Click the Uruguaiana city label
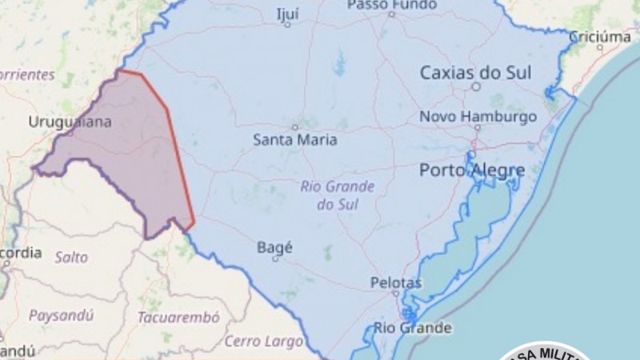pyautogui.click(x=70, y=122)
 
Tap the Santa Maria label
pyautogui.click(x=295, y=140)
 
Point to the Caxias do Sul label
pyautogui.click(x=475, y=74)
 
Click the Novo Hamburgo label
pyautogui.click(x=478, y=117)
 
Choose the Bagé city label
pyautogui.click(x=274, y=247)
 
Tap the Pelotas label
pyautogui.click(x=396, y=282)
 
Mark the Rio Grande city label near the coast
pyautogui.click(x=413, y=328)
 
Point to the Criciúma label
pyautogui.click(x=599, y=37)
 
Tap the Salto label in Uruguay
pyautogui.click(x=71, y=257)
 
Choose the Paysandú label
pyautogui.click(x=61, y=315)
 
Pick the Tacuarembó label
pyautogui.click(x=178, y=318)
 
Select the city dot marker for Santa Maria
pyautogui.click(x=294, y=126)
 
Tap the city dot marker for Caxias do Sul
pyautogui.click(x=475, y=86)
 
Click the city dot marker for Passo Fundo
pyautogui.click(x=391, y=14)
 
